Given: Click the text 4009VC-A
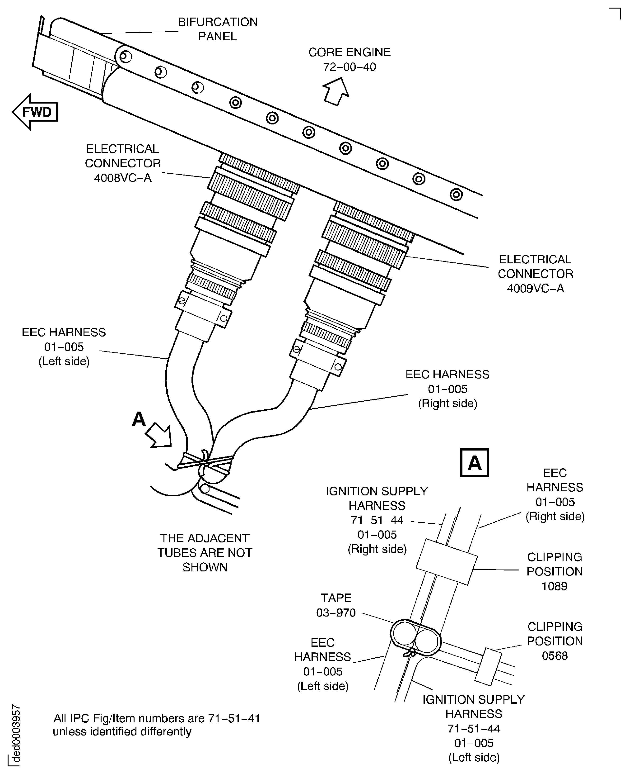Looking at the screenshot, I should pyautogui.click(x=535, y=288).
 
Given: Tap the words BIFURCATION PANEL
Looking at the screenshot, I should pyautogui.click(x=218, y=29).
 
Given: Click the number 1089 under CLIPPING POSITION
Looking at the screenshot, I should pyautogui.click(x=554, y=586).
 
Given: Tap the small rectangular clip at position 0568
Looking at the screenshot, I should pyautogui.click(x=488, y=667).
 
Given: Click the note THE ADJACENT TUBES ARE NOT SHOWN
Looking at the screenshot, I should pyautogui.click(x=205, y=552).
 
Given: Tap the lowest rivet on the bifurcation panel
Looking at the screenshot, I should pyautogui.click(x=456, y=195).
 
